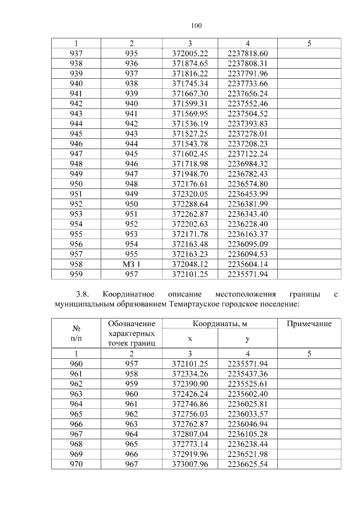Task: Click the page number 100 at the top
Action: pyautogui.click(x=196, y=26)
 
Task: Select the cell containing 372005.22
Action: pyautogui.click(x=190, y=53)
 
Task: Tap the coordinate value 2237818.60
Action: pyautogui.click(x=247, y=53)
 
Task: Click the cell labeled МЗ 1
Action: pyautogui.click(x=132, y=264)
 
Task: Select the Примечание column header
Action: pyautogui.click(x=309, y=324)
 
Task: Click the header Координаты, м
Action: pyautogui.click(x=219, y=324)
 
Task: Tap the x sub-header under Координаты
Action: pyautogui.click(x=190, y=339)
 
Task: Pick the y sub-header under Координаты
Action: pyautogui.click(x=247, y=339)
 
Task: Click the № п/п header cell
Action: pyautogui.click(x=76, y=332)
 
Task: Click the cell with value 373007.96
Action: pyautogui.click(x=190, y=465)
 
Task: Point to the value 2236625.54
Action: pyautogui.click(x=247, y=465)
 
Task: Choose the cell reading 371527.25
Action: pyautogui.click(x=190, y=133)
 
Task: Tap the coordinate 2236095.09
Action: pyautogui.click(x=247, y=244)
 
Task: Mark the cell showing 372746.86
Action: pyautogui.click(x=190, y=404)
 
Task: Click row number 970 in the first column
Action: pyautogui.click(x=76, y=465)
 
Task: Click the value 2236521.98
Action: pyautogui.click(x=247, y=454)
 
